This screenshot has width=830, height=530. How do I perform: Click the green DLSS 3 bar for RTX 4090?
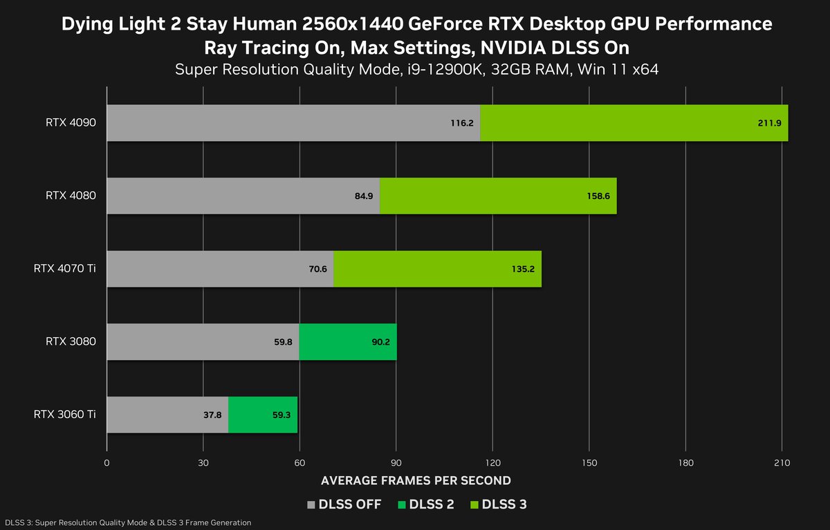pos(634,123)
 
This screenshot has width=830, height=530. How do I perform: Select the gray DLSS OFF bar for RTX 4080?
pos(243,196)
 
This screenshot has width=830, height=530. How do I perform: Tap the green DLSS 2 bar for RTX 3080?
pos(348,341)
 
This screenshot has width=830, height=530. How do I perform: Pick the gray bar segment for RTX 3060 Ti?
pos(167,415)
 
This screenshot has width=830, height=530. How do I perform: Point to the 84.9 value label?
pos(364,196)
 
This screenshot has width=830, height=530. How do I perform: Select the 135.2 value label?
pos(523,269)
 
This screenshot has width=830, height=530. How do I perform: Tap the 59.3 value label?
pos(282,415)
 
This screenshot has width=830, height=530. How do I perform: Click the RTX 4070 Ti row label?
pos(64,269)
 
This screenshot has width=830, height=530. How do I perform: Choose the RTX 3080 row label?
pos(71,341)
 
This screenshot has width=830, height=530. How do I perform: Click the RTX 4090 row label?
pos(71,123)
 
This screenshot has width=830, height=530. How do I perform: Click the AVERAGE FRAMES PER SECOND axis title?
pos(415,480)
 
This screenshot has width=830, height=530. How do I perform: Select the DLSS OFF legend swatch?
pos(311,504)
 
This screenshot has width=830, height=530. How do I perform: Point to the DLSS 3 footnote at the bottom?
pos(128,522)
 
